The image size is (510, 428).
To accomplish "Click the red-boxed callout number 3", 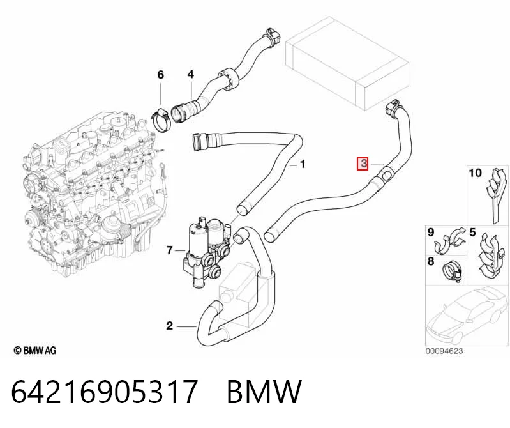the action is click(x=363, y=164).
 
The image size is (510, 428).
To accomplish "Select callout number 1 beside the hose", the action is click(x=303, y=164).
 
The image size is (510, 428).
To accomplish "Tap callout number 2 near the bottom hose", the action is click(x=169, y=326).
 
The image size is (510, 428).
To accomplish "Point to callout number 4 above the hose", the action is click(x=191, y=75).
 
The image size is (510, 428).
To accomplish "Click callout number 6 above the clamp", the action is click(x=161, y=75).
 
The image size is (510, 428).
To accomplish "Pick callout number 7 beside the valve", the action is click(x=169, y=250).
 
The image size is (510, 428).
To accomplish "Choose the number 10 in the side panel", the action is click(x=475, y=172).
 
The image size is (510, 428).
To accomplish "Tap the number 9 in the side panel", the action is click(x=431, y=233).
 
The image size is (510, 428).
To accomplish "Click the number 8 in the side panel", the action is click(x=431, y=261).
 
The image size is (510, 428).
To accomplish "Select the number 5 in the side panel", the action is click(x=472, y=233).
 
